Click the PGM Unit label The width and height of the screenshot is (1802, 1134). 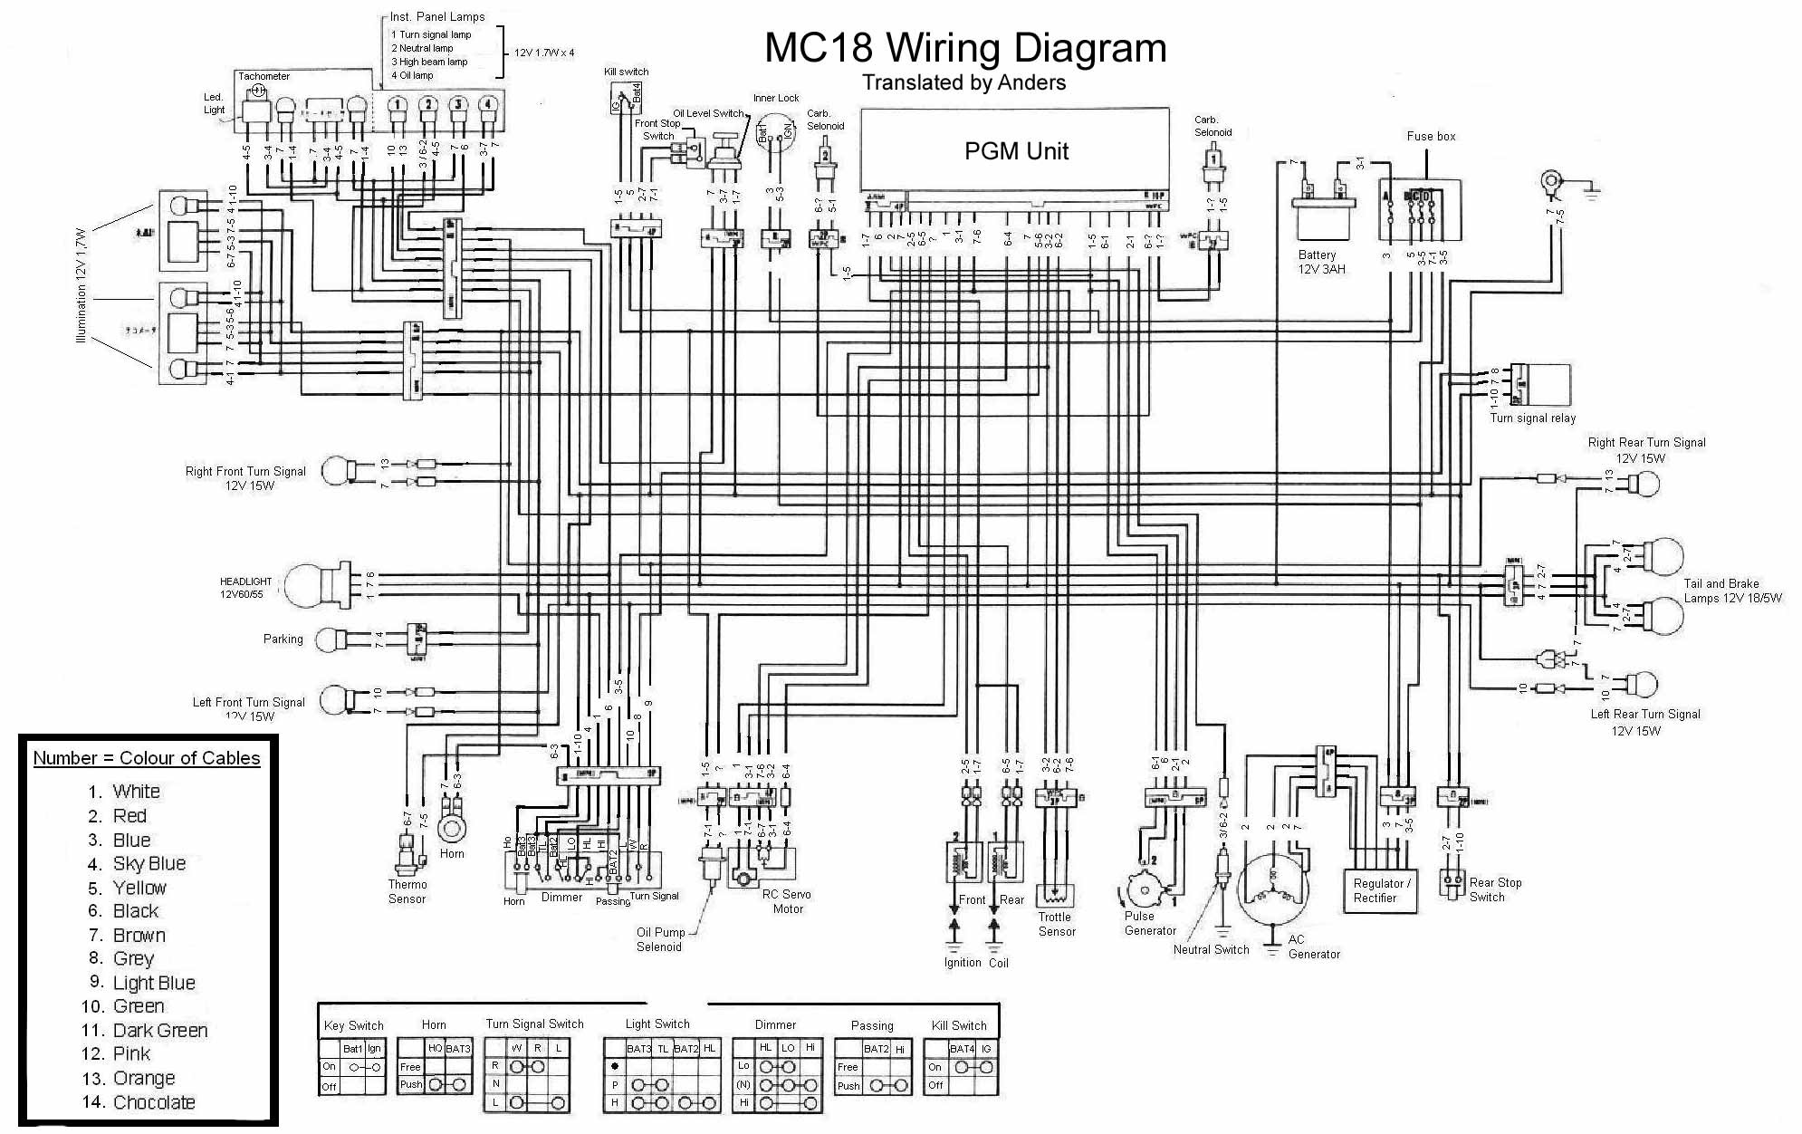pyautogui.click(x=1016, y=151)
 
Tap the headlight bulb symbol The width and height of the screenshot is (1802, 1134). pyautogui.click(x=307, y=585)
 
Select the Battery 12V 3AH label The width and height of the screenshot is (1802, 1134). pyautogui.click(x=1321, y=262)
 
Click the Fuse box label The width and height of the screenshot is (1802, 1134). pyautogui.click(x=1431, y=137)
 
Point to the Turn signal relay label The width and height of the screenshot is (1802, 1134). pyautogui.click(x=1532, y=418)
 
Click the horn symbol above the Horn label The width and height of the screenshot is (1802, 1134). pyautogui.click(x=452, y=827)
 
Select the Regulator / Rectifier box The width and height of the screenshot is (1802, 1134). pyautogui.click(x=1379, y=890)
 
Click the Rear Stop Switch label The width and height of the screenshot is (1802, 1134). pyautogui.click(x=1495, y=889)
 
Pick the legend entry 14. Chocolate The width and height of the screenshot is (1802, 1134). pyautogui.click(x=152, y=1102)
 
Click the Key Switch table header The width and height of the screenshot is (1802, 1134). pyautogui.click(x=353, y=1025)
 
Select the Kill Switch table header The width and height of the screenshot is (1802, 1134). pyautogui.click(x=959, y=1025)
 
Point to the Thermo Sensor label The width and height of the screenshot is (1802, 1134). pyautogui.click(x=407, y=891)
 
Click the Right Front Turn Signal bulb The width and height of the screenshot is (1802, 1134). pyautogui.click(x=339, y=471)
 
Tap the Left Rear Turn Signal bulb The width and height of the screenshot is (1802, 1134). pyautogui.click(x=1642, y=685)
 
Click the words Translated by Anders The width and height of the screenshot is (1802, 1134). pyautogui.click(x=963, y=82)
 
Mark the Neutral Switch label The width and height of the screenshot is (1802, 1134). pyautogui.click(x=1211, y=949)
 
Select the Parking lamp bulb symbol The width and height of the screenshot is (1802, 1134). pyautogui.click(x=330, y=639)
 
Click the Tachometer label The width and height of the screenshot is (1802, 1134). pyautogui.click(x=264, y=76)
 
